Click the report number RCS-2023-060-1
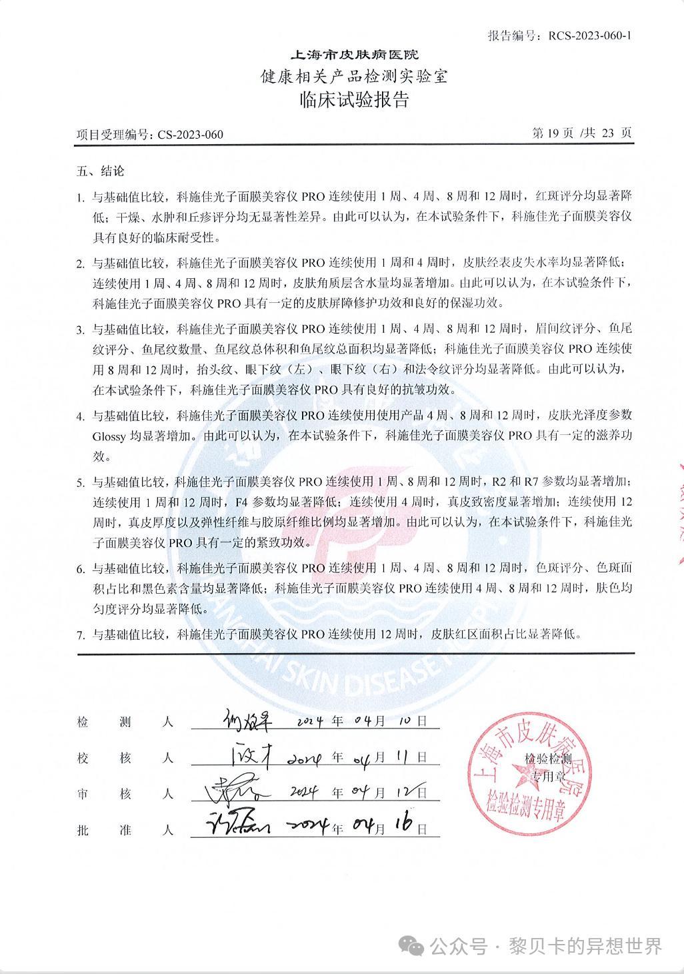point(589,35)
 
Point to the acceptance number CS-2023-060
point(191,135)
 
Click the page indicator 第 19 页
point(553,133)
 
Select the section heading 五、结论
point(101,171)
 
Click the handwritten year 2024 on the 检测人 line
point(309,722)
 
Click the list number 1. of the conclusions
point(80,198)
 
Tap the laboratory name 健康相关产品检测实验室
point(353,77)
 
